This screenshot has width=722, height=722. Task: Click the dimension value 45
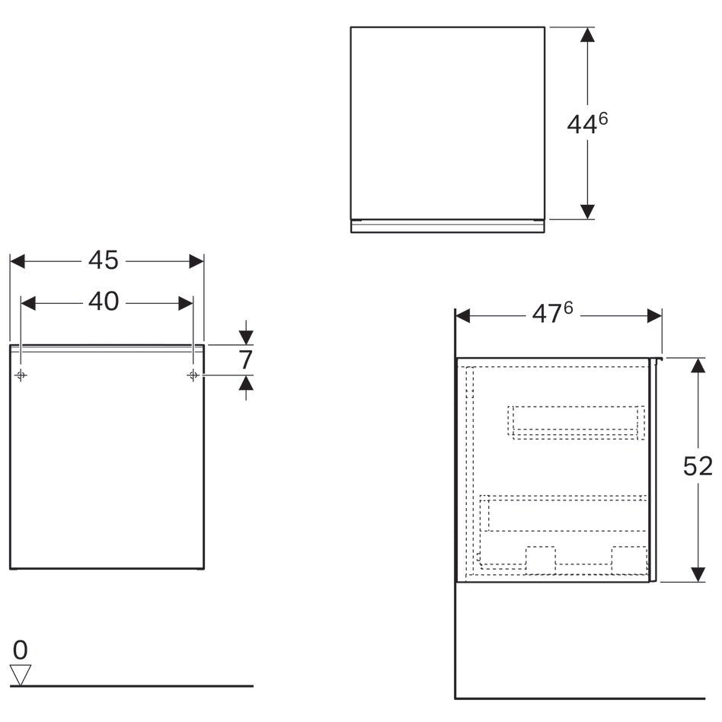coord(103,260)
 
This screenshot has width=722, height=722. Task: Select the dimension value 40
coord(104,302)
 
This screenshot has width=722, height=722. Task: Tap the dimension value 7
coord(246,359)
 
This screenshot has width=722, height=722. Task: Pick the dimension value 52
coord(698,466)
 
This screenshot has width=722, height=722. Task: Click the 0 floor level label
coord(21,650)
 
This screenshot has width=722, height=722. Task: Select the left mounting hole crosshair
coord(21,375)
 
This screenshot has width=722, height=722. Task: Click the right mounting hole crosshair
coord(193,375)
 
